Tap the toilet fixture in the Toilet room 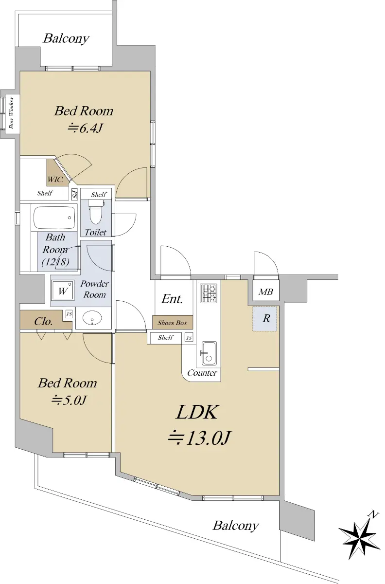pyautogui.click(x=96, y=211)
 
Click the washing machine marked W pyautogui.click(x=63, y=291)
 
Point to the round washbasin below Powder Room pyautogui.click(x=92, y=318)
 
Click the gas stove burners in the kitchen pyautogui.click(x=209, y=293)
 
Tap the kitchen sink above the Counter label pyautogui.click(x=209, y=353)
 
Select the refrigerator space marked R pyautogui.click(x=264, y=319)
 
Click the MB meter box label pyautogui.click(x=266, y=292)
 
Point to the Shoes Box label pyautogui.click(x=173, y=323)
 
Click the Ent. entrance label pyautogui.click(x=172, y=299)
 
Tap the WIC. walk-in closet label pyautogui.click(x=55, y=180)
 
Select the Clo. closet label pyautogui.click(x=43, y=322)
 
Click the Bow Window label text pyautogui.click(x=12, y=112)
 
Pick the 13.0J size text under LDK pyautogui.click(x=199, y=438)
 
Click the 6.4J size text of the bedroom pyautogui.click(x=85, y=128)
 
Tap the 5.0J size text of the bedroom pyautogui.click(x=69, y=400)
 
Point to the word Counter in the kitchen pyautogui.click(x=202, y=373)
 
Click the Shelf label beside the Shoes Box pyautogui.click(x=166, y=337)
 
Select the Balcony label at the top pyautogui.click(x=66, y=38)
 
